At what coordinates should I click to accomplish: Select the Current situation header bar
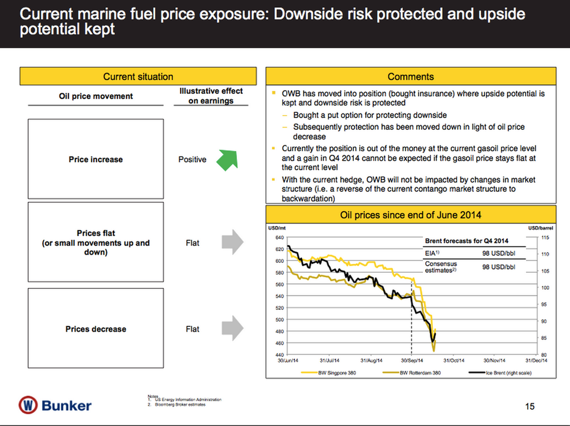pyautogui.click(x=138, y=77)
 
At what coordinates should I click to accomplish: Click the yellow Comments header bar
pyautogui.click(x=410, y=77)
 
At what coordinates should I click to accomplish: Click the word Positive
pyautogui.click(x=192, y=160)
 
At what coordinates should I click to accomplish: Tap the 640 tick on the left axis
pyautogui.click(x=278, y=238)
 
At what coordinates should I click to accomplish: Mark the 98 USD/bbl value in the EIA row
pyautogui.click(x=498, y=253)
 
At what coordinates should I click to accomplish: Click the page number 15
pyautogui.click(x=530, y=406)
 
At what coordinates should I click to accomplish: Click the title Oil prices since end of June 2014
pyautogui.click(x=410, y=214)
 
